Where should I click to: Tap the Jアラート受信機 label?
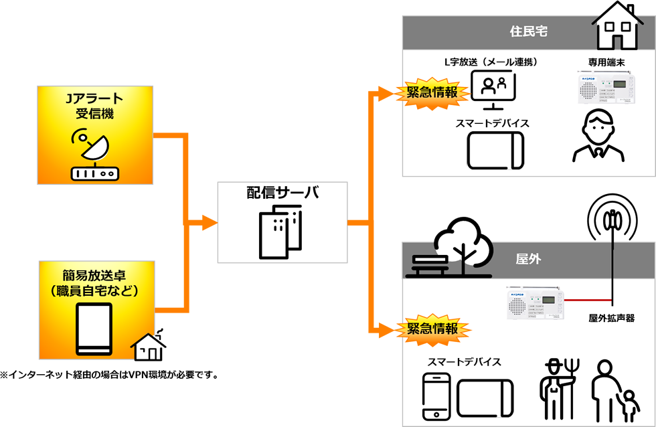[94, 106]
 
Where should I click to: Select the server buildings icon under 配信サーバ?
[280, 231]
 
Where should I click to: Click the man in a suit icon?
[598, 137]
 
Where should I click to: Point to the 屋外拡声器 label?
[611, 319]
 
